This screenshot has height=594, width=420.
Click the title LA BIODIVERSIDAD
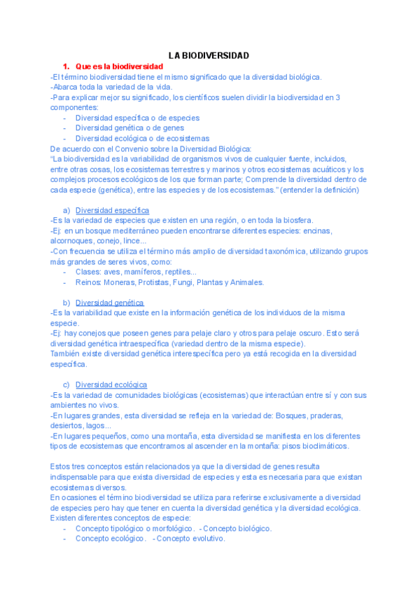pyautogui.click(x=209, y=55)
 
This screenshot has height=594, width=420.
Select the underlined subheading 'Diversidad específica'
pyautogui.click(x=112, y=210)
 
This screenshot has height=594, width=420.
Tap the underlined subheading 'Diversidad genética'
pyautogui.click(x=110, y=303)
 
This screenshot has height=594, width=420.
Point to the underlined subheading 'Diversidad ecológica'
pyautogui.click(x=111, y=385)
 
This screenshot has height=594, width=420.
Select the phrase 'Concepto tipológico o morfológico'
pyautogui.click(x=134, y=528)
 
